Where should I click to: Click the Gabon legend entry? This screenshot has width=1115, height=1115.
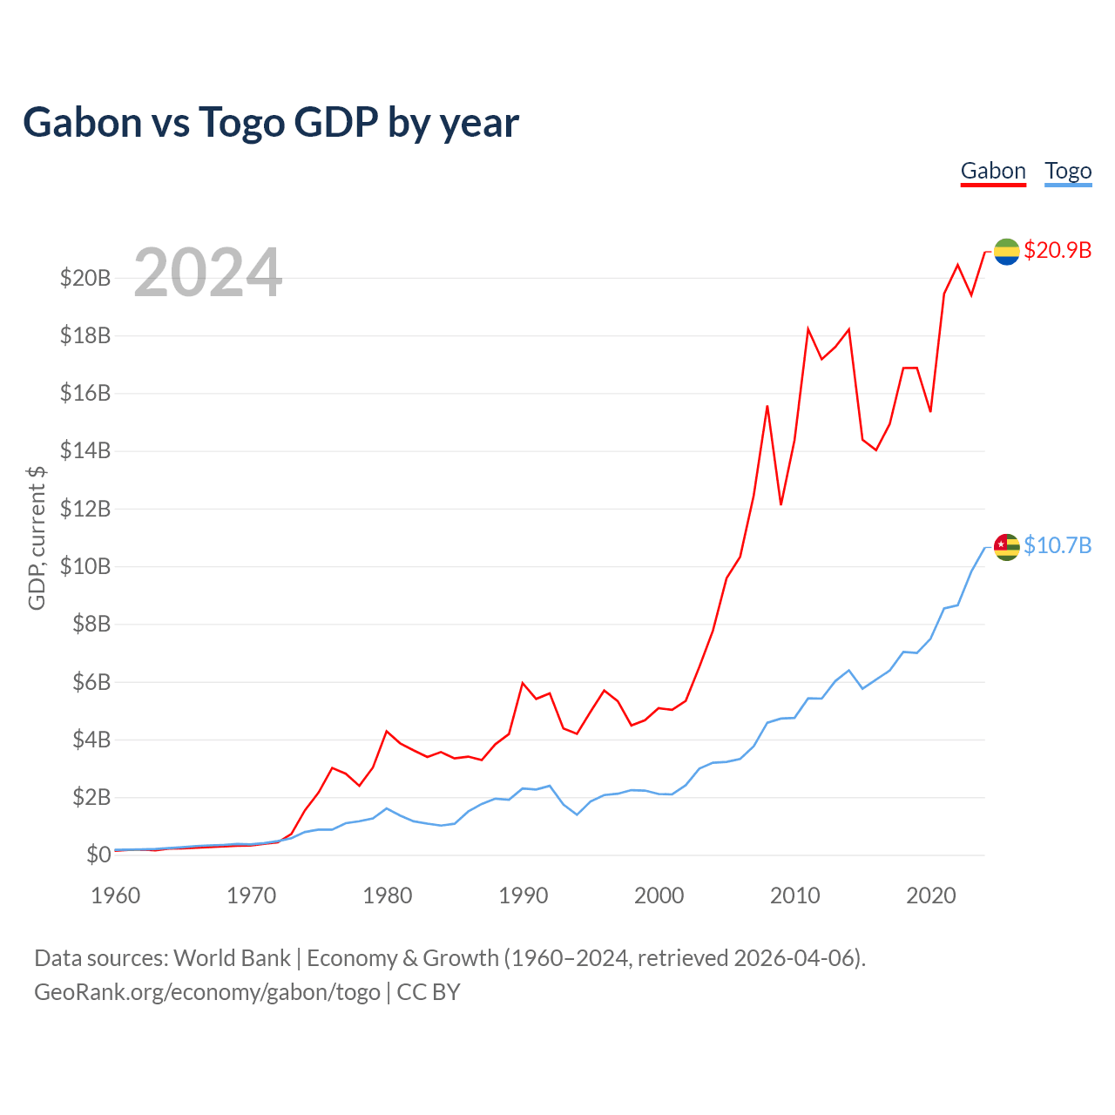click(x=993, y=171)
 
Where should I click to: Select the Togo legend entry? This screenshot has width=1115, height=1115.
click(x=1068, y=171)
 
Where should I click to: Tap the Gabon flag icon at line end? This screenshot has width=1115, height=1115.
click(x=1006, y=252)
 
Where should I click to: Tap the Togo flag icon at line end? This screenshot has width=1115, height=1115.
click(x=1006, y=547)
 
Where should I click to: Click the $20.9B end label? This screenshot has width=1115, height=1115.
click(x=1058, y=250)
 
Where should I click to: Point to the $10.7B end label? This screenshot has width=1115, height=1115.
click(x=1058, y=545)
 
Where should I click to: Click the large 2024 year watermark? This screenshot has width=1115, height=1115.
click(x=208, y=273)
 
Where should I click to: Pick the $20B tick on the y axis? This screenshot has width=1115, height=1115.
click(x=85, y=278)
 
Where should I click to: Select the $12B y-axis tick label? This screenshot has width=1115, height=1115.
click(x=85, y=509)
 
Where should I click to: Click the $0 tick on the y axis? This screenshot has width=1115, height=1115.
click(x=98, y=855)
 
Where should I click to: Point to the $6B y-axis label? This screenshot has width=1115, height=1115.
click(x=91, y=682)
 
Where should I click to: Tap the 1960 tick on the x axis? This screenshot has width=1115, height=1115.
click(x=116, y=895)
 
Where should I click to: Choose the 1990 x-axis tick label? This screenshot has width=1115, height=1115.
click(x=524, y=895)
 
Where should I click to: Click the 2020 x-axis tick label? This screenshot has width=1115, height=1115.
click(x=931, y=895)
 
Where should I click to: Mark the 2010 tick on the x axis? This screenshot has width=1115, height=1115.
click(x=795, y=895)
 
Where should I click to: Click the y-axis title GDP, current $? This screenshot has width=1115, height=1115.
click(x=37, y=538)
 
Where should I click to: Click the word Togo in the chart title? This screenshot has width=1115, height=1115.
click(x=241, y=122)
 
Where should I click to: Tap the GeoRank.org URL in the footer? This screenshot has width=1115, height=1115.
click(x=207, y=992)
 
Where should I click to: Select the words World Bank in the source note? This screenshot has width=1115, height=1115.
click(x=232, y=958)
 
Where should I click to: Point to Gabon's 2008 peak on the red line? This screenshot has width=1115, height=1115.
click(x=767, y=406)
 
